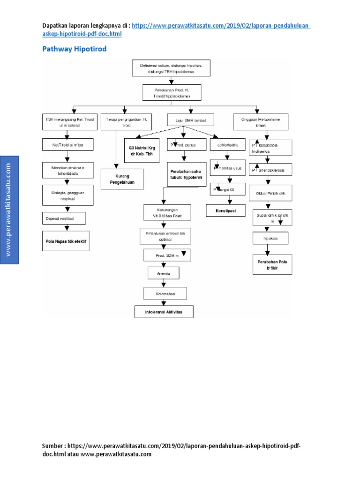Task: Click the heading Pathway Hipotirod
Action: (x=75, y=48)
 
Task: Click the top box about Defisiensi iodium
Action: (x=171, y=68)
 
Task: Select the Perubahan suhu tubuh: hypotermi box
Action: (x=185, y=175)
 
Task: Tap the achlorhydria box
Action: (x=227, y=146)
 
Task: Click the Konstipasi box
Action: (x=225, y=211)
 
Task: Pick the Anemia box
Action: (x=163, y=272)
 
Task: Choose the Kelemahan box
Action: (x=165, y=293)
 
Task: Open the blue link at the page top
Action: (x=220, y=26)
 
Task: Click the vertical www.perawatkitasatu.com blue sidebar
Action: (x=9, y=210)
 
